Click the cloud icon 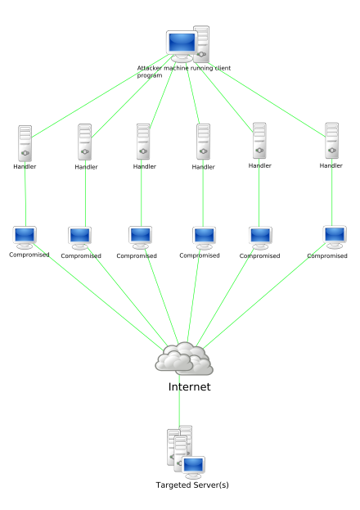click(185, 359)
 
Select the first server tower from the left click(25, 143)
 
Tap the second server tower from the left click(85, 142)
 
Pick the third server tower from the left click(143, 142)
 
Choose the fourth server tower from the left click(203, 142)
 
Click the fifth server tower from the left click(259, 141)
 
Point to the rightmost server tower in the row click(332, 141)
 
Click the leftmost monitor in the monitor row click(25, 237)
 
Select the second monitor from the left click(80, 237)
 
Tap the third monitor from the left click(141, 237)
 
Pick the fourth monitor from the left click(204, 237)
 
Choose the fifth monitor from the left click(260, 237)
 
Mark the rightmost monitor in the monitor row click(335, 236)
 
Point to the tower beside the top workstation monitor click(201, 44)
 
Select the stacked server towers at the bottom click(179, 446)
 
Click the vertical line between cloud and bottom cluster click(179, 401)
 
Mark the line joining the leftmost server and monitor click(25, 192)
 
